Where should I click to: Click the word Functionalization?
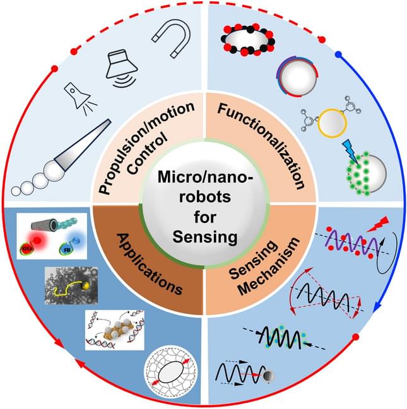[262, 149]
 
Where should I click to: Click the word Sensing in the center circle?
[203, 238]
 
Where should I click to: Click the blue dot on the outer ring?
[338, 55]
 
